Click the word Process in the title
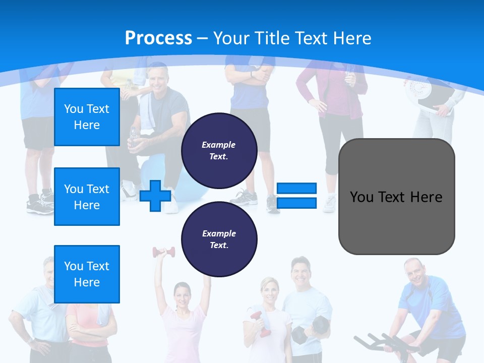tap(158, 38)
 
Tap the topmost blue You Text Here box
tap(87, 117)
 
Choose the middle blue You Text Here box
tap(87, 197)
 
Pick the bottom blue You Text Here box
tap(87, 274)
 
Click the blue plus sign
tap(155, 196)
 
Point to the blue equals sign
tap(297, 196)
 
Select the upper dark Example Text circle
tap(219, 151)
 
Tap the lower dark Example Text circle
tap(219, 239)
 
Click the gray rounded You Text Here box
tap(396, 197)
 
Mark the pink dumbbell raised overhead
tap(164, 252)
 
